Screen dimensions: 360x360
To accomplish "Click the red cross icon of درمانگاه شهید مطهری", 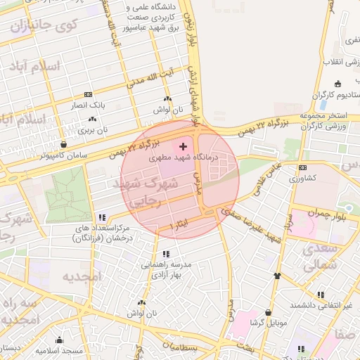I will point(184,147).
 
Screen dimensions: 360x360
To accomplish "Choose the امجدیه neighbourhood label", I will point(82,276).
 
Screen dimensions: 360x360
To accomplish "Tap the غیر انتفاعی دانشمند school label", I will point(324,305).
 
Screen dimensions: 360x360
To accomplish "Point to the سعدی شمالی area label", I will point(323,258).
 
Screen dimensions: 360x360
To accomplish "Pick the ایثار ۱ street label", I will point(179,224).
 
